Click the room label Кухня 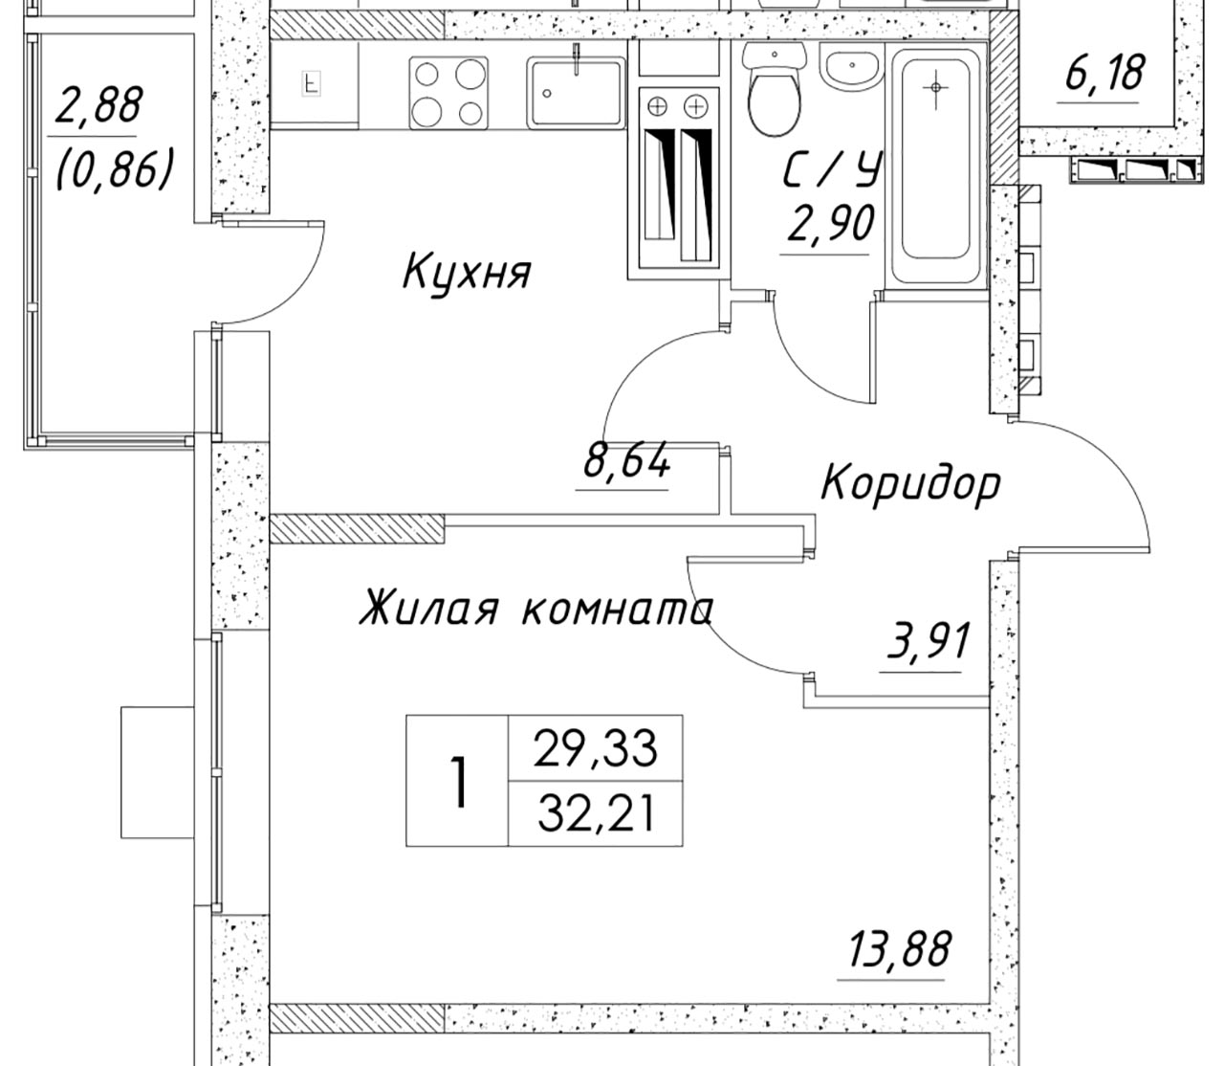[468, 273]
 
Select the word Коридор [910, 485]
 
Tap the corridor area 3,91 [927, 640]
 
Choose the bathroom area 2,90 [830, 222]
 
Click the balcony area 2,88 [98, 103]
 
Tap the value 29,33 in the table [595, 748]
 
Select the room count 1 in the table [459, 783]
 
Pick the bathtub [935, 167]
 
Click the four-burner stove [448, 93]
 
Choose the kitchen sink [576, 93]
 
